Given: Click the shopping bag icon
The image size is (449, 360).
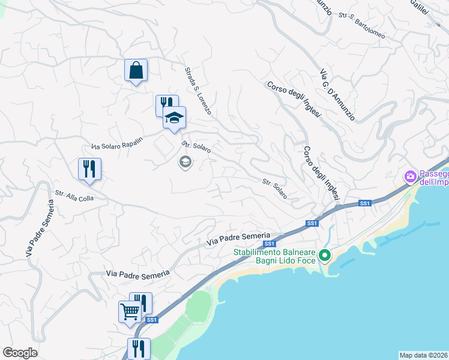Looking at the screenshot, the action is [x=136, y=70].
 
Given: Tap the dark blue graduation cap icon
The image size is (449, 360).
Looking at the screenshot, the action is [x=174, y=118].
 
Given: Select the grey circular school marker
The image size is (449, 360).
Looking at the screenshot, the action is [x=185, y=161].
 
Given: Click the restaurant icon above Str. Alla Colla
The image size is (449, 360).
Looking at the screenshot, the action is [x=89, y=169].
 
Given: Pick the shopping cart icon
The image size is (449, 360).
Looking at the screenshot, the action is [x=130, y=311].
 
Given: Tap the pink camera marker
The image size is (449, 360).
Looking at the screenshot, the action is [x=411, y=177].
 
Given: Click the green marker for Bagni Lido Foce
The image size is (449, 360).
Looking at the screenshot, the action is [x=325, y=256].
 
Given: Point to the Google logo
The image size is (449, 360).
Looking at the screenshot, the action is [x=20, y=353].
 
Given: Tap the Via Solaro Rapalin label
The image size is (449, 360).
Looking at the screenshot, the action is [x=117, y=144].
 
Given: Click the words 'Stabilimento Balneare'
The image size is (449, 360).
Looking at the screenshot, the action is [x=274, y=253].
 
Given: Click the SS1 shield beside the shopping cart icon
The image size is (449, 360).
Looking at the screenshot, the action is [x=151, y=320].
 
